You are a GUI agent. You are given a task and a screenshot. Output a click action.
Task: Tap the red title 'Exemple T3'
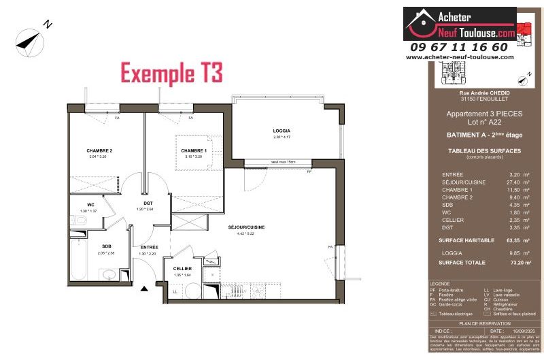coord(171,73)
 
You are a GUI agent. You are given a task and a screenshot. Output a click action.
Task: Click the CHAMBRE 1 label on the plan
coord(194,150)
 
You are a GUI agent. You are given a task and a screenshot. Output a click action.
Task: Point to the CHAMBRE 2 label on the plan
coord(99,150)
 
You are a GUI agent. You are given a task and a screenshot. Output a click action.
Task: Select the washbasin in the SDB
coord(108,274)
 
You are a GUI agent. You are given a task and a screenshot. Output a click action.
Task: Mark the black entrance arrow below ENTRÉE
coord(144,289)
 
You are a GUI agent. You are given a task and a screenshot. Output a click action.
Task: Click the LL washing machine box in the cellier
coord(175,291)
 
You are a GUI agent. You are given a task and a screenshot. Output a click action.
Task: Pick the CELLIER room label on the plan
coord(182,269)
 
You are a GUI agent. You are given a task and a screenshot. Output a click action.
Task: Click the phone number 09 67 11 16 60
coord(460,47)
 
